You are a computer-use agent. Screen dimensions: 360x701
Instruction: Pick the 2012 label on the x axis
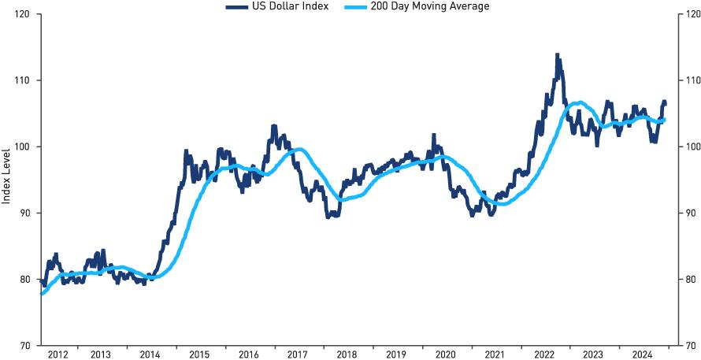tap(57, 354)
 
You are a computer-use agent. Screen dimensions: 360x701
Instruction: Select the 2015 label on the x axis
tap(199, 354)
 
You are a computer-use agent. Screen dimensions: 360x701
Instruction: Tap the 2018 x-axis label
tap(347, 354)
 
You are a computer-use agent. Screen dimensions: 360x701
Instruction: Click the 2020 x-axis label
tap(445, 354)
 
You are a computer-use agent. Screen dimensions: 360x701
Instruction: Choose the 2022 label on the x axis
tap(545, 354)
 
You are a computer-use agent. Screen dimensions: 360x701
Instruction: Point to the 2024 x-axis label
tap(642, 354)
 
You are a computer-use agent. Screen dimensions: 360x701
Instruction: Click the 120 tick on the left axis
tap(24, 14)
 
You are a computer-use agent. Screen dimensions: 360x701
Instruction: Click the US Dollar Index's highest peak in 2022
tap(557, 55)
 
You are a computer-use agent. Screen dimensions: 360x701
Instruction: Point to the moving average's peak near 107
tap(579, 102)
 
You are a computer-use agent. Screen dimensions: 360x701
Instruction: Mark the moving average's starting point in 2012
tap(40, 293)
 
